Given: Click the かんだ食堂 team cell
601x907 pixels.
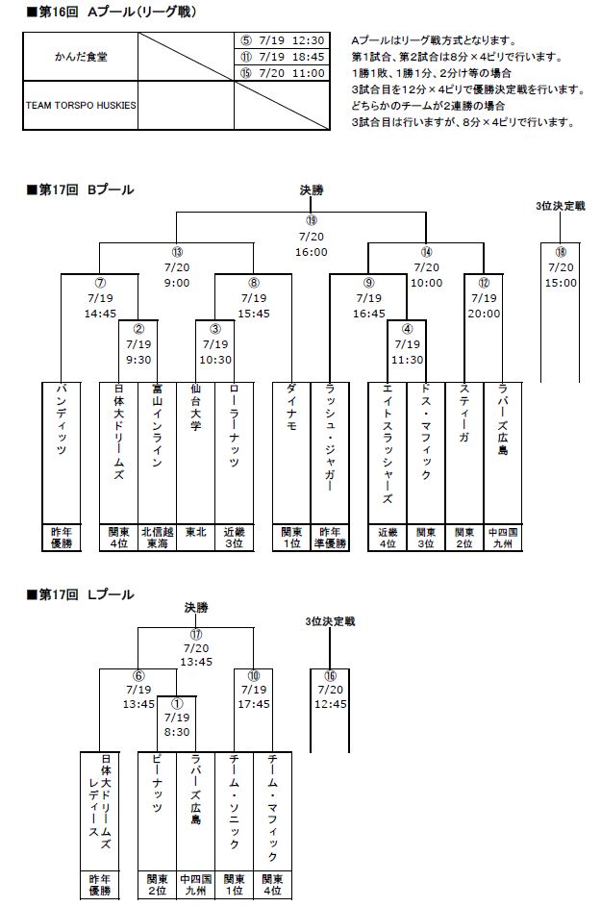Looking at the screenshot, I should click(81, 57).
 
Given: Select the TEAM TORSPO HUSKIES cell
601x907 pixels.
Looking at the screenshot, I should click(81, 124).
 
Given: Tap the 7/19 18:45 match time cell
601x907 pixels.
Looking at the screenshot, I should click(283, 57).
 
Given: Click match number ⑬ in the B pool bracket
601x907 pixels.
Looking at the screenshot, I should click(177, 252).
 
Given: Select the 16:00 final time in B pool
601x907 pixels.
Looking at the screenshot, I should click(312, 252).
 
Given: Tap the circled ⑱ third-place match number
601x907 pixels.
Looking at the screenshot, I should click(561, 252).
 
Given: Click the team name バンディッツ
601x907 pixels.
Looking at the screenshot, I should click(62, 423).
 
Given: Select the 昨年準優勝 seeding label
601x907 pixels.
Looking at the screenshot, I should click(330, 538).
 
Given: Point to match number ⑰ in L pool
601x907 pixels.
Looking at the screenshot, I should click(196, 635).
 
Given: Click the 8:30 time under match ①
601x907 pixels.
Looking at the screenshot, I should click(177, 731).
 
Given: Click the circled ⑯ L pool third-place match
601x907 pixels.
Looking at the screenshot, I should click(331, 676).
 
